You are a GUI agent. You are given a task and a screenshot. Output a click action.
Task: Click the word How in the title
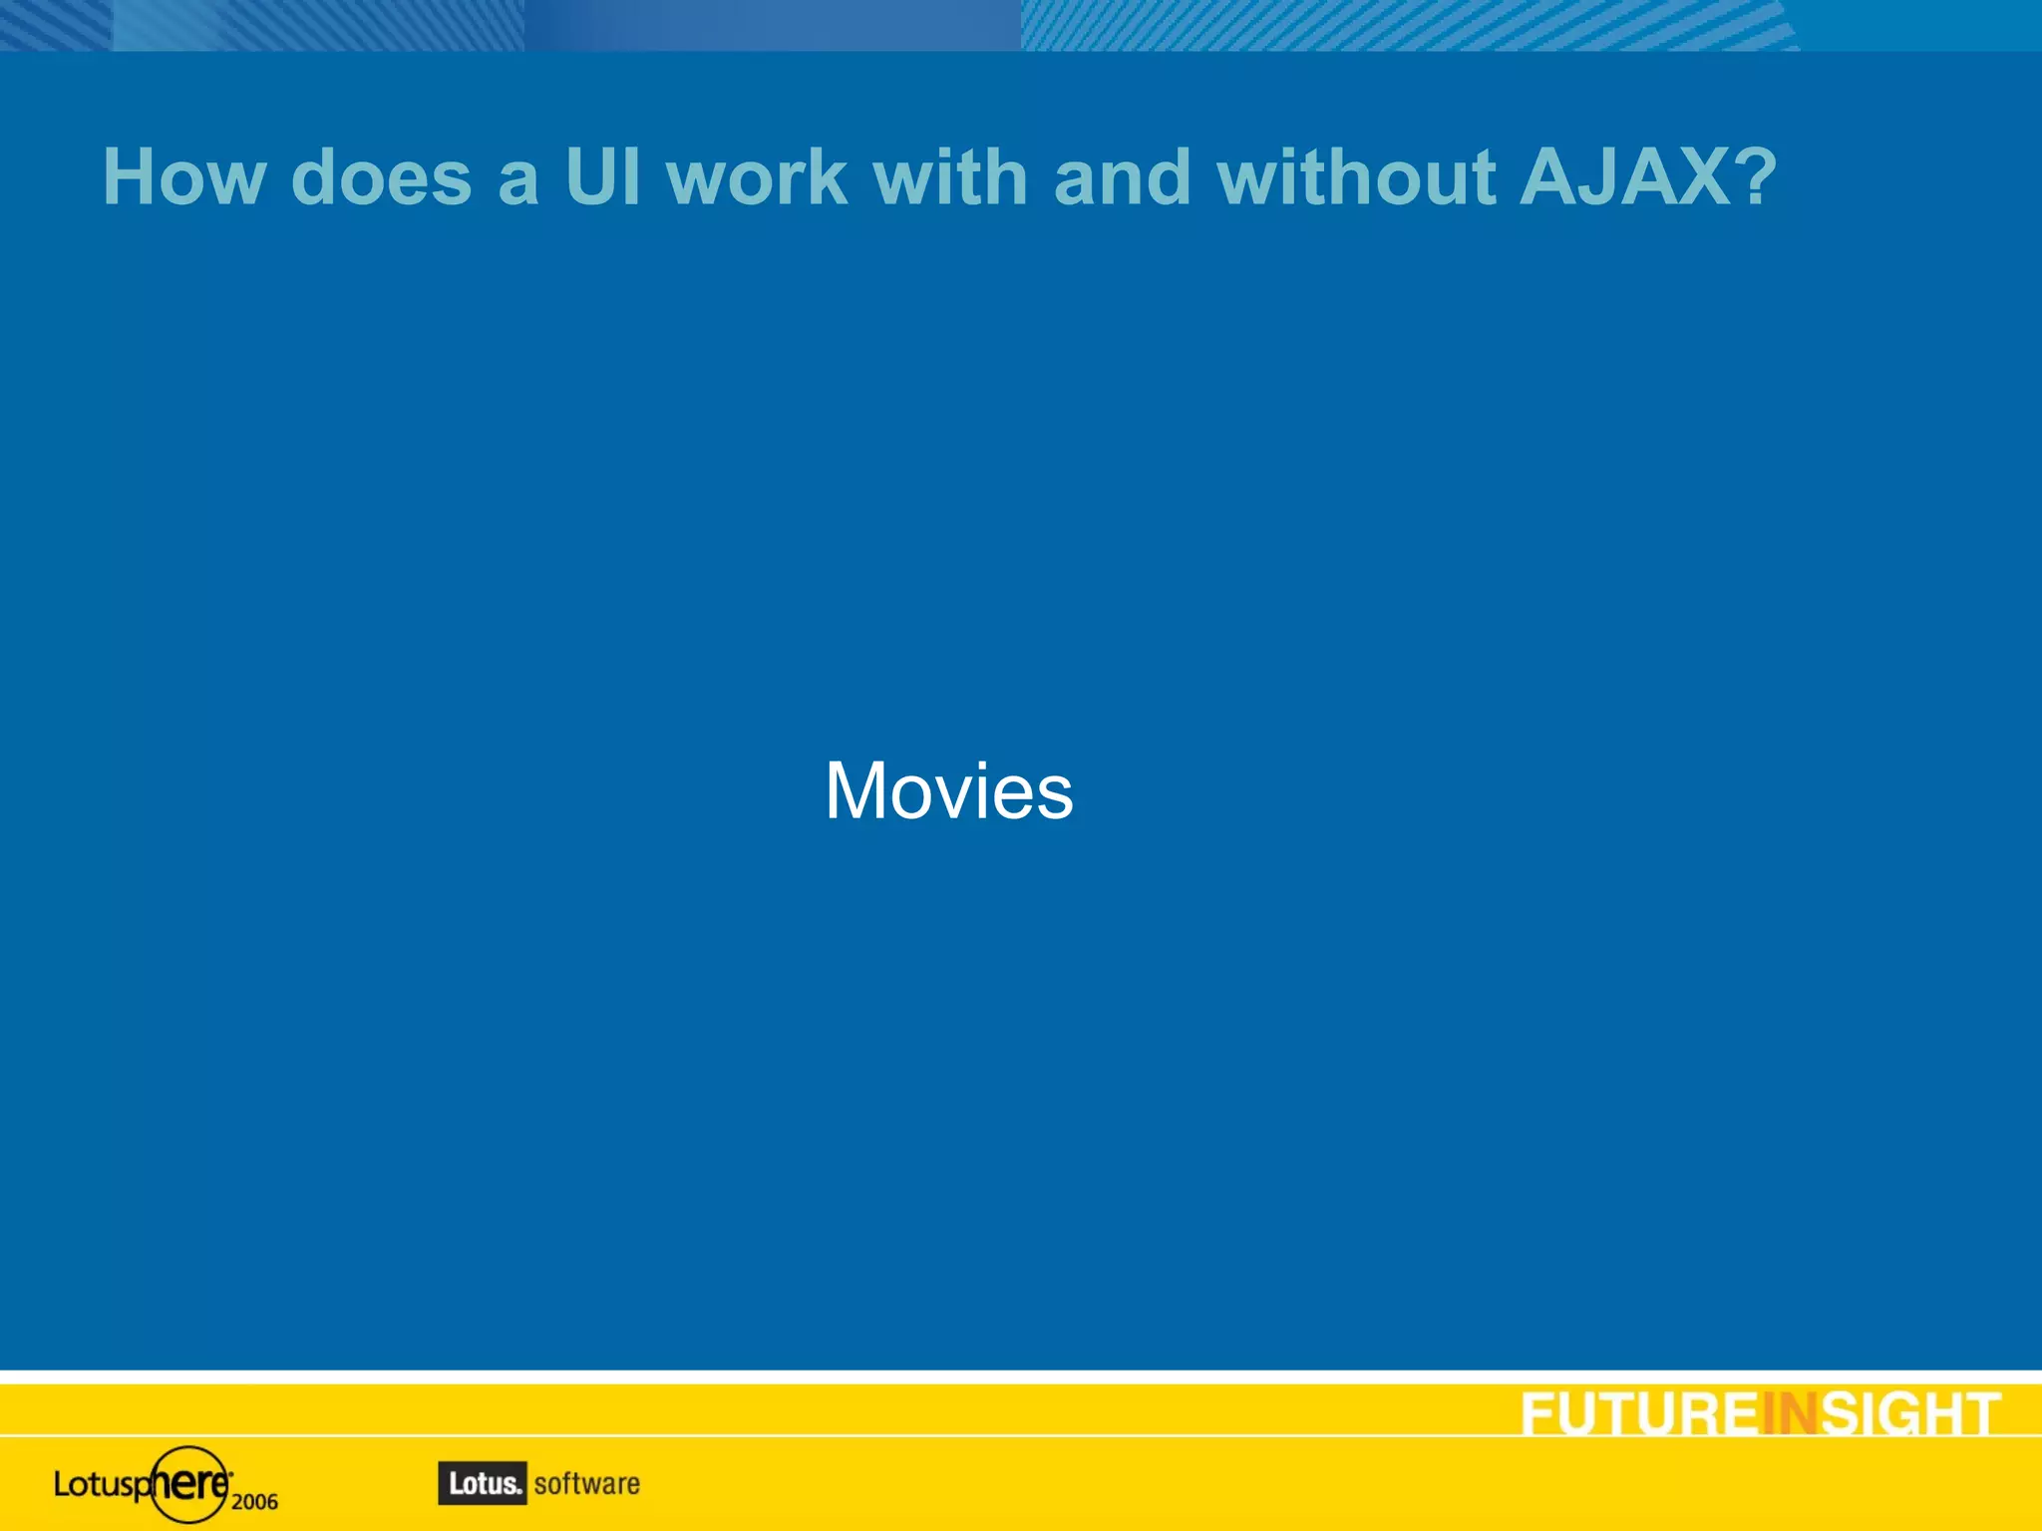(185, 177)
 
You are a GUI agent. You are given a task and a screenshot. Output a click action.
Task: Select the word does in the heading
(382, 177)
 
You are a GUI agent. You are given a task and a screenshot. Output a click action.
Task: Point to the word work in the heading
(758, 177)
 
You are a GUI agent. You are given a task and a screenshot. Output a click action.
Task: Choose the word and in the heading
(1122, 177)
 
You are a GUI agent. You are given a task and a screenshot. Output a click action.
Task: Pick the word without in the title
(1356, 177)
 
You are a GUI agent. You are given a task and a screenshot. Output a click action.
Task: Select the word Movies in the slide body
(949, 790)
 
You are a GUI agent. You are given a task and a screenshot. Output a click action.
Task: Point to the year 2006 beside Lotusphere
(254, 1501)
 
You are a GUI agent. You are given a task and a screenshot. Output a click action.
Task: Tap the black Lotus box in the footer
(483, 1483)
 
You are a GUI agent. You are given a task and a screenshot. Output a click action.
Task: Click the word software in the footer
(587, 1483)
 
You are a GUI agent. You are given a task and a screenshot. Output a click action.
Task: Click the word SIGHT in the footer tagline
(1910, 1414)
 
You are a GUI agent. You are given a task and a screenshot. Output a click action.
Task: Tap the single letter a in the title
(518, 179)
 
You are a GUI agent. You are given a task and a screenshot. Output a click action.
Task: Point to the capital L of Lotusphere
(62, 1484)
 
